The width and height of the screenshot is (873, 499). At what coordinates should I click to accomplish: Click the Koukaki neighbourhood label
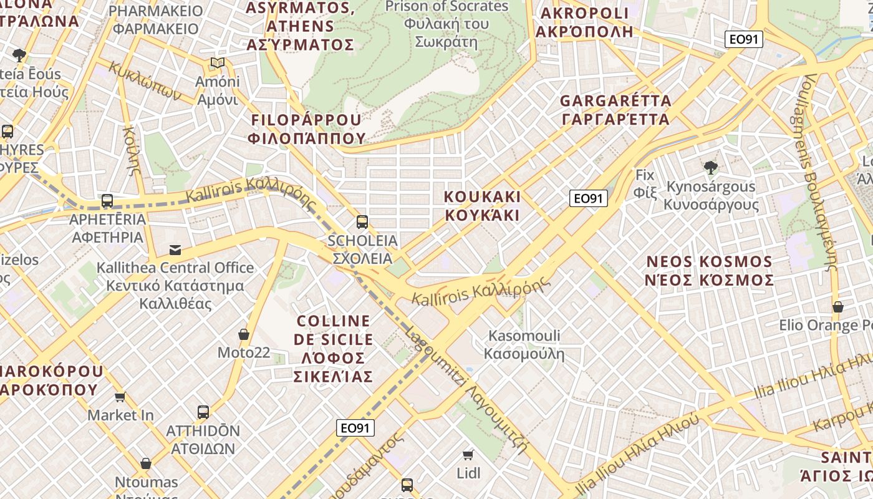point(481,206)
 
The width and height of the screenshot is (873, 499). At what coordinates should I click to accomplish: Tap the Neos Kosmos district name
point(710,271)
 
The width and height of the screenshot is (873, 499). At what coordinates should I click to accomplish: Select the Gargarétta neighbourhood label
point(615,110)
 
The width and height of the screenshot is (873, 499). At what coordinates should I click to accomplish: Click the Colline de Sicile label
point(334,349)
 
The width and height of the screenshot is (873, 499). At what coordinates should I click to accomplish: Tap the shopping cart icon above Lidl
point(468,455)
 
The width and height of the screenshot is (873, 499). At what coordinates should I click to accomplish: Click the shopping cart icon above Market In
point(120,397)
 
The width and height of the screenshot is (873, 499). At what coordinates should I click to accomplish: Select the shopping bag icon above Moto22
point(244,334)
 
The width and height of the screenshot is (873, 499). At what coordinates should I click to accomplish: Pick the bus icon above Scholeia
point(362,221)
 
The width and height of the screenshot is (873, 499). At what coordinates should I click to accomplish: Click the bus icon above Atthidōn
point(203,412)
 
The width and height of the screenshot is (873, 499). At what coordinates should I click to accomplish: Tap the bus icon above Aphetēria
point(107,201)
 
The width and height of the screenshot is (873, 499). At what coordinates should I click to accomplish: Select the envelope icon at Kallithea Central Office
point(175,250)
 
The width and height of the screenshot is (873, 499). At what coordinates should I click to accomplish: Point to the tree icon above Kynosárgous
point(710,167)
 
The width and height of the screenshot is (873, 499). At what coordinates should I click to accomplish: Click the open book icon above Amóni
point(217,63)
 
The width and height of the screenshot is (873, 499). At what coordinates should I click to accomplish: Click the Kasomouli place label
point(524,345)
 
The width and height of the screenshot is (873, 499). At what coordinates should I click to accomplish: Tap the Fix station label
point(645,183)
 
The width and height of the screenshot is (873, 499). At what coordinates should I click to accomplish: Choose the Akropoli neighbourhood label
point(584,22)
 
